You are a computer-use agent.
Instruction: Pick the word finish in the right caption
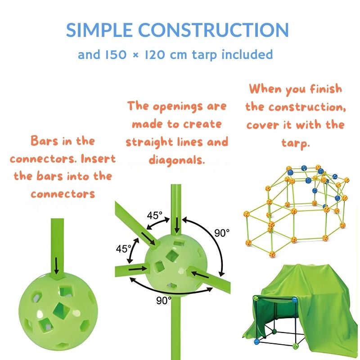(x=323, y=89)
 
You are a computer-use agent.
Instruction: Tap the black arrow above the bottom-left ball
(x=56, y=265)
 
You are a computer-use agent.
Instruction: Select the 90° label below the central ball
(x=162, y=299)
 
